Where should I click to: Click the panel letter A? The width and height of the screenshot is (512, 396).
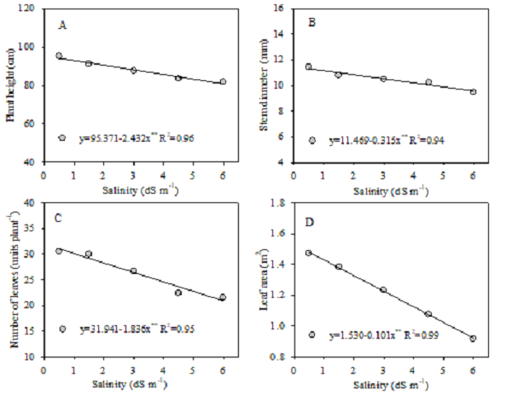click(x=62, y=25)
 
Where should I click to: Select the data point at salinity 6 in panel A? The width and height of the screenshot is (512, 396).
click(x=223, y=82)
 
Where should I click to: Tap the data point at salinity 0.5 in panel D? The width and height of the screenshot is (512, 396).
click(x=309, y=253)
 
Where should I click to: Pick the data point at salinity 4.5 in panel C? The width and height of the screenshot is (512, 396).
click(x=178, y=293)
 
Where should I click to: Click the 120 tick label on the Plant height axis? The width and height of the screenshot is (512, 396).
click(x=30, y=9)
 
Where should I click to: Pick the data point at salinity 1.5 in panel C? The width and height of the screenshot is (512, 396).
click(x=88, y=254)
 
